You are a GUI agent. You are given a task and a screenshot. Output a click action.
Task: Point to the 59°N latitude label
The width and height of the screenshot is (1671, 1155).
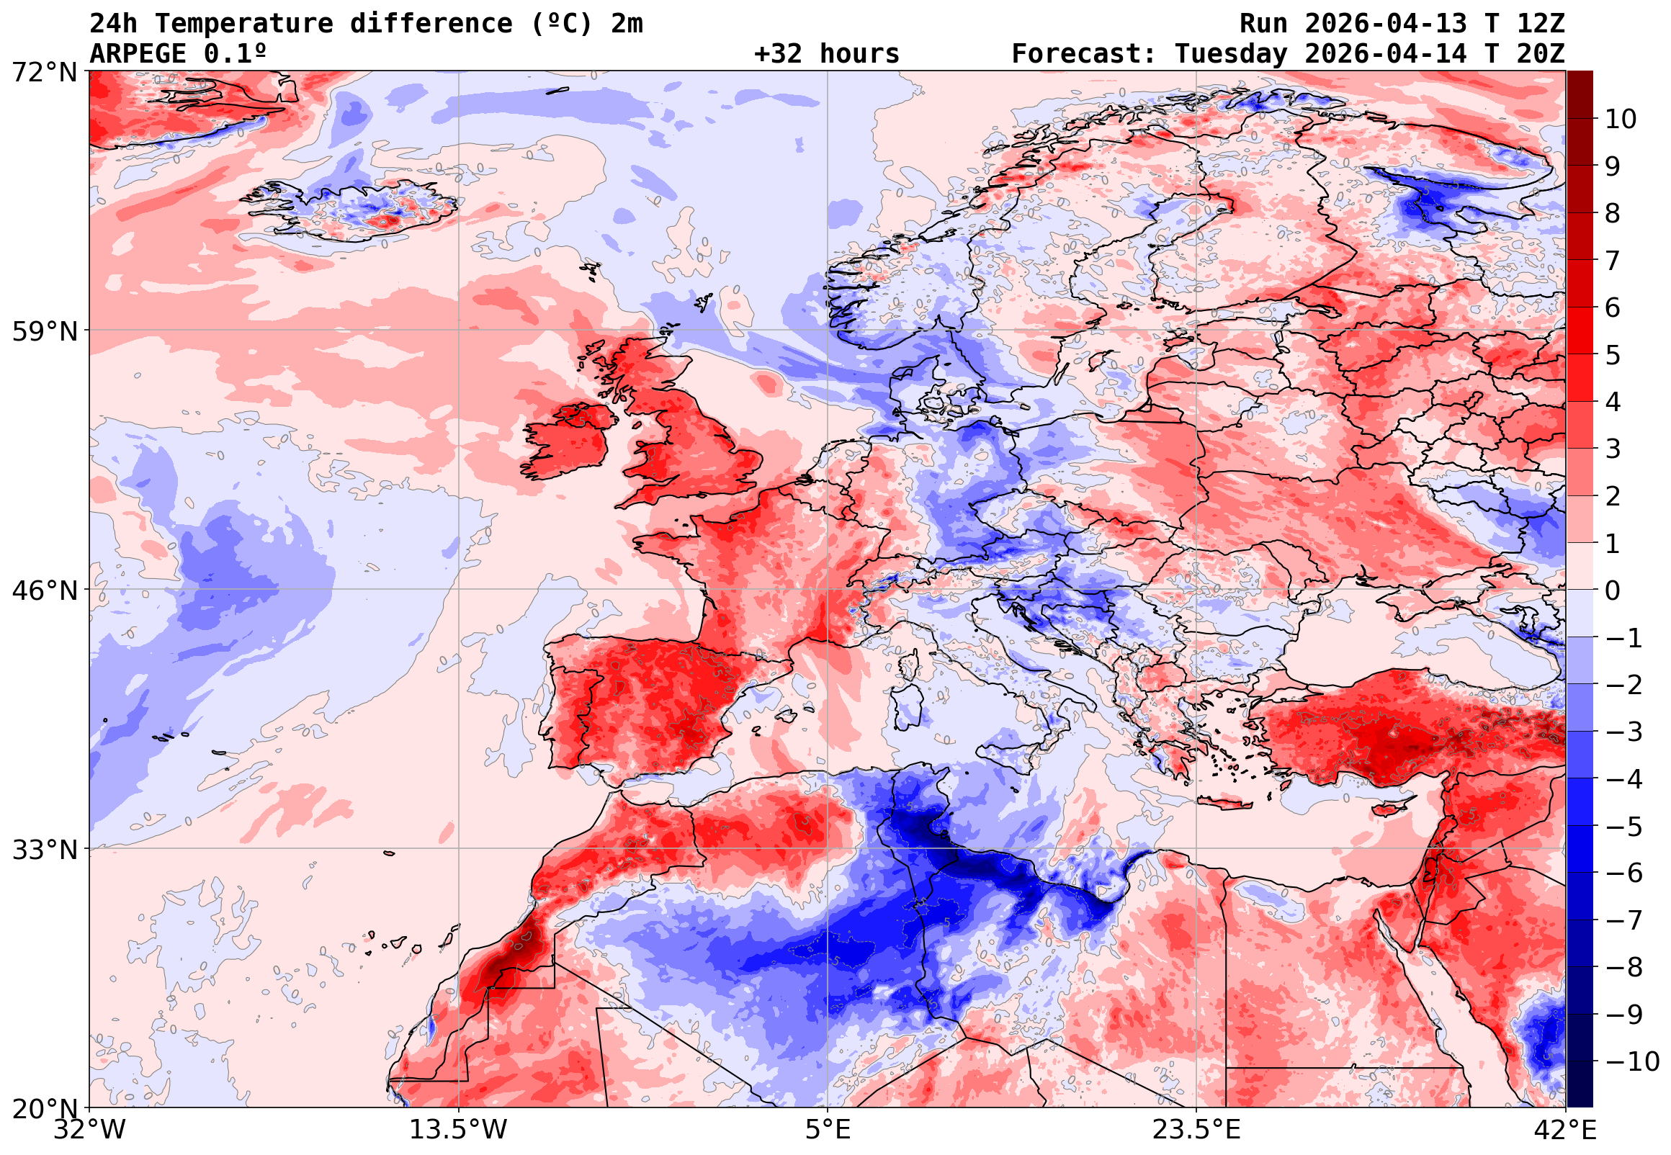point(44,331)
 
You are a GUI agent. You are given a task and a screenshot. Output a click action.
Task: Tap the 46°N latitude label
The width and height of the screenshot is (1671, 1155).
point(44,590)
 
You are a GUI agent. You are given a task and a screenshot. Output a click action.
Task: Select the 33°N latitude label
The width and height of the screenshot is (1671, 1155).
point(44,850)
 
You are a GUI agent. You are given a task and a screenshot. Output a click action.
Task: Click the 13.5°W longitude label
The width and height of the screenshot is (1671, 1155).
point(458,1130)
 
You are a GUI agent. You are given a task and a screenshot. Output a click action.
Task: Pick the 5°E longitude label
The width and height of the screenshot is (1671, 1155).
point(827,1130)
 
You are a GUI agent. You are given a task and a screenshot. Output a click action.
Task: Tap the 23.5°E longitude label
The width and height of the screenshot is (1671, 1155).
point(1196,1130)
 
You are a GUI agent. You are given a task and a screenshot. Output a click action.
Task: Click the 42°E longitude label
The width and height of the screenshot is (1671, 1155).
point(1564,1130)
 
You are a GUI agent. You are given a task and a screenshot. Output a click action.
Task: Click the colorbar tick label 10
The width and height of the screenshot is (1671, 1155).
point(1621,120)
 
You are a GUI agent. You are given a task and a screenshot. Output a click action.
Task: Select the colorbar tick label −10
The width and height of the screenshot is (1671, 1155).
point(1632,1061)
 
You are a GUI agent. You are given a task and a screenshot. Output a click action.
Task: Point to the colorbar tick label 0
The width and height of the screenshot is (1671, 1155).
point(1613,590)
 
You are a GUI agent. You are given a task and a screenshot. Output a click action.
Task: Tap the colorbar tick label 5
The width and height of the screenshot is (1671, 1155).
point(1613,355)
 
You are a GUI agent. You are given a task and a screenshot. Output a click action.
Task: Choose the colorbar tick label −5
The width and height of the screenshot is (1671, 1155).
point(1624,827)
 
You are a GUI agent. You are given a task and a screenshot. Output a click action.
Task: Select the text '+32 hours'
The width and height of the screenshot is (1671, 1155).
point(826,53)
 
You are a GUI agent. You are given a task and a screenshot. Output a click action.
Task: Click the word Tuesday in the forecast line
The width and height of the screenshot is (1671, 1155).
point(1230,53)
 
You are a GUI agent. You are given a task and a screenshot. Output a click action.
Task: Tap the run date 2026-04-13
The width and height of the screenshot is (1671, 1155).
point(1386,23)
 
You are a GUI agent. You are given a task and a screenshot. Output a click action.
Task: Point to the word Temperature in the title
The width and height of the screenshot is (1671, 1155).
point(244,23)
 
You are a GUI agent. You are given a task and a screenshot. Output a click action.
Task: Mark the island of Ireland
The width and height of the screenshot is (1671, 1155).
point(568,441)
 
